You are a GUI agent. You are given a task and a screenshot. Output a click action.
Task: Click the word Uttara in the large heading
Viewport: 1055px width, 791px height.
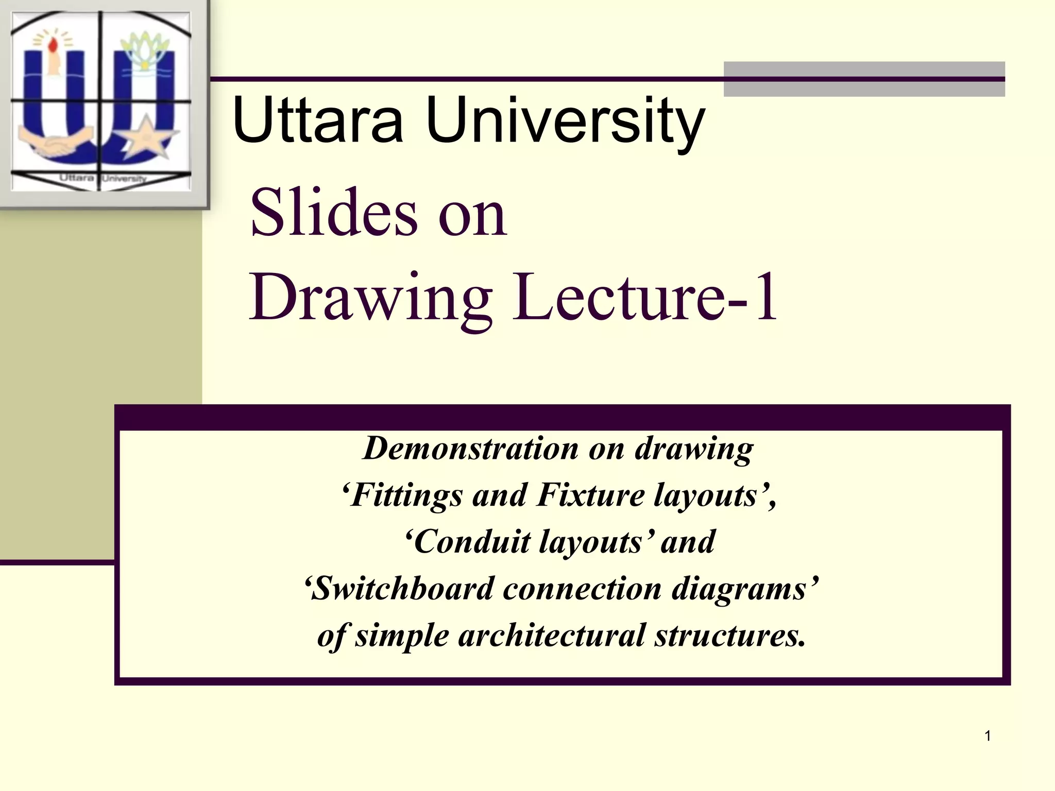pos(317,121)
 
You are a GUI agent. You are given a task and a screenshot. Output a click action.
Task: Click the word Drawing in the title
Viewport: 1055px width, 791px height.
pos(371,299)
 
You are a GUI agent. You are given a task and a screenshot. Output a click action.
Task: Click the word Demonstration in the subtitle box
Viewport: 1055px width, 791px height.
pos(471,448)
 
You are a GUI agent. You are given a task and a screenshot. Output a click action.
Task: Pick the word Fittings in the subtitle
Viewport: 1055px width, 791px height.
pos(406,495)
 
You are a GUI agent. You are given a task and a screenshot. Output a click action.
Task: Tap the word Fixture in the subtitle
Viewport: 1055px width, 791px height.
pos(590,495)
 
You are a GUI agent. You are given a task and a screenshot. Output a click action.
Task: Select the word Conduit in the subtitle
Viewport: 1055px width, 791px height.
pos(471,542)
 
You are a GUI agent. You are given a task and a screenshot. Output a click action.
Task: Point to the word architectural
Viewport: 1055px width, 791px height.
pos(551,635)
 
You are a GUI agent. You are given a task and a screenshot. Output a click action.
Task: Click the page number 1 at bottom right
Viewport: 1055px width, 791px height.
pos(988,736)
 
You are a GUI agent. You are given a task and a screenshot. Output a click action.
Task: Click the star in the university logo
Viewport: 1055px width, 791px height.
pos(146,137)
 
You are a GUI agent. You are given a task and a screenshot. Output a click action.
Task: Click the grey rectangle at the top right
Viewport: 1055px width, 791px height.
pos(864,79)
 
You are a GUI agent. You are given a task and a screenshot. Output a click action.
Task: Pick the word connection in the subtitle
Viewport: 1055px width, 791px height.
pos(582,589)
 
